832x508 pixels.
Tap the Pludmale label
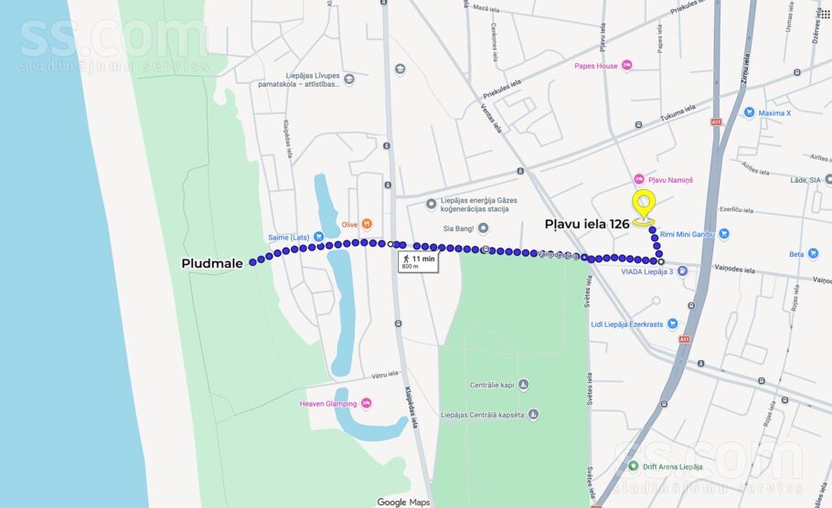pyautogui.click(x=212, y=263)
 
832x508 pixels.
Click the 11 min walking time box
pyautogui.click(x=418, y=262)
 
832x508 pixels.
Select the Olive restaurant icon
pyautogui.click(x=367, y=223)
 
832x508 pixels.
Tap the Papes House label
pyautogui.click(x=596, y=66)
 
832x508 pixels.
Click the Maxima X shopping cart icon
pyautogui.click(x=749, y=112)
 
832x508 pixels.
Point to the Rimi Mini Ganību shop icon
pyautogui.click(x=724, y=234)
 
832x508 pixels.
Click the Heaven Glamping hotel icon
pyautogui.click(x=366, y=403)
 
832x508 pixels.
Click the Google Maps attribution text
pyautogui.click(x=403, y=502)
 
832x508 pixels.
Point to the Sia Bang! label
pyautogui.click(x=460, y=228)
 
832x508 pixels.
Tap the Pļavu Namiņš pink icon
pyautogui.click(x=639, y=179)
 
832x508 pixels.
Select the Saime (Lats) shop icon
pyautogui.click(x=318, y=237)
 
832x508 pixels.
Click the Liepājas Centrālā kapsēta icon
pyautogui.click(x=533, y=414)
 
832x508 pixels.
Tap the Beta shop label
pyautogui.click(x=796, y=254)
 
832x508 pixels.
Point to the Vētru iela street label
pyautogui.click(x=385, y=375)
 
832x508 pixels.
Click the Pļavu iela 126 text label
pyautogui.click(x=587, y=223)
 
